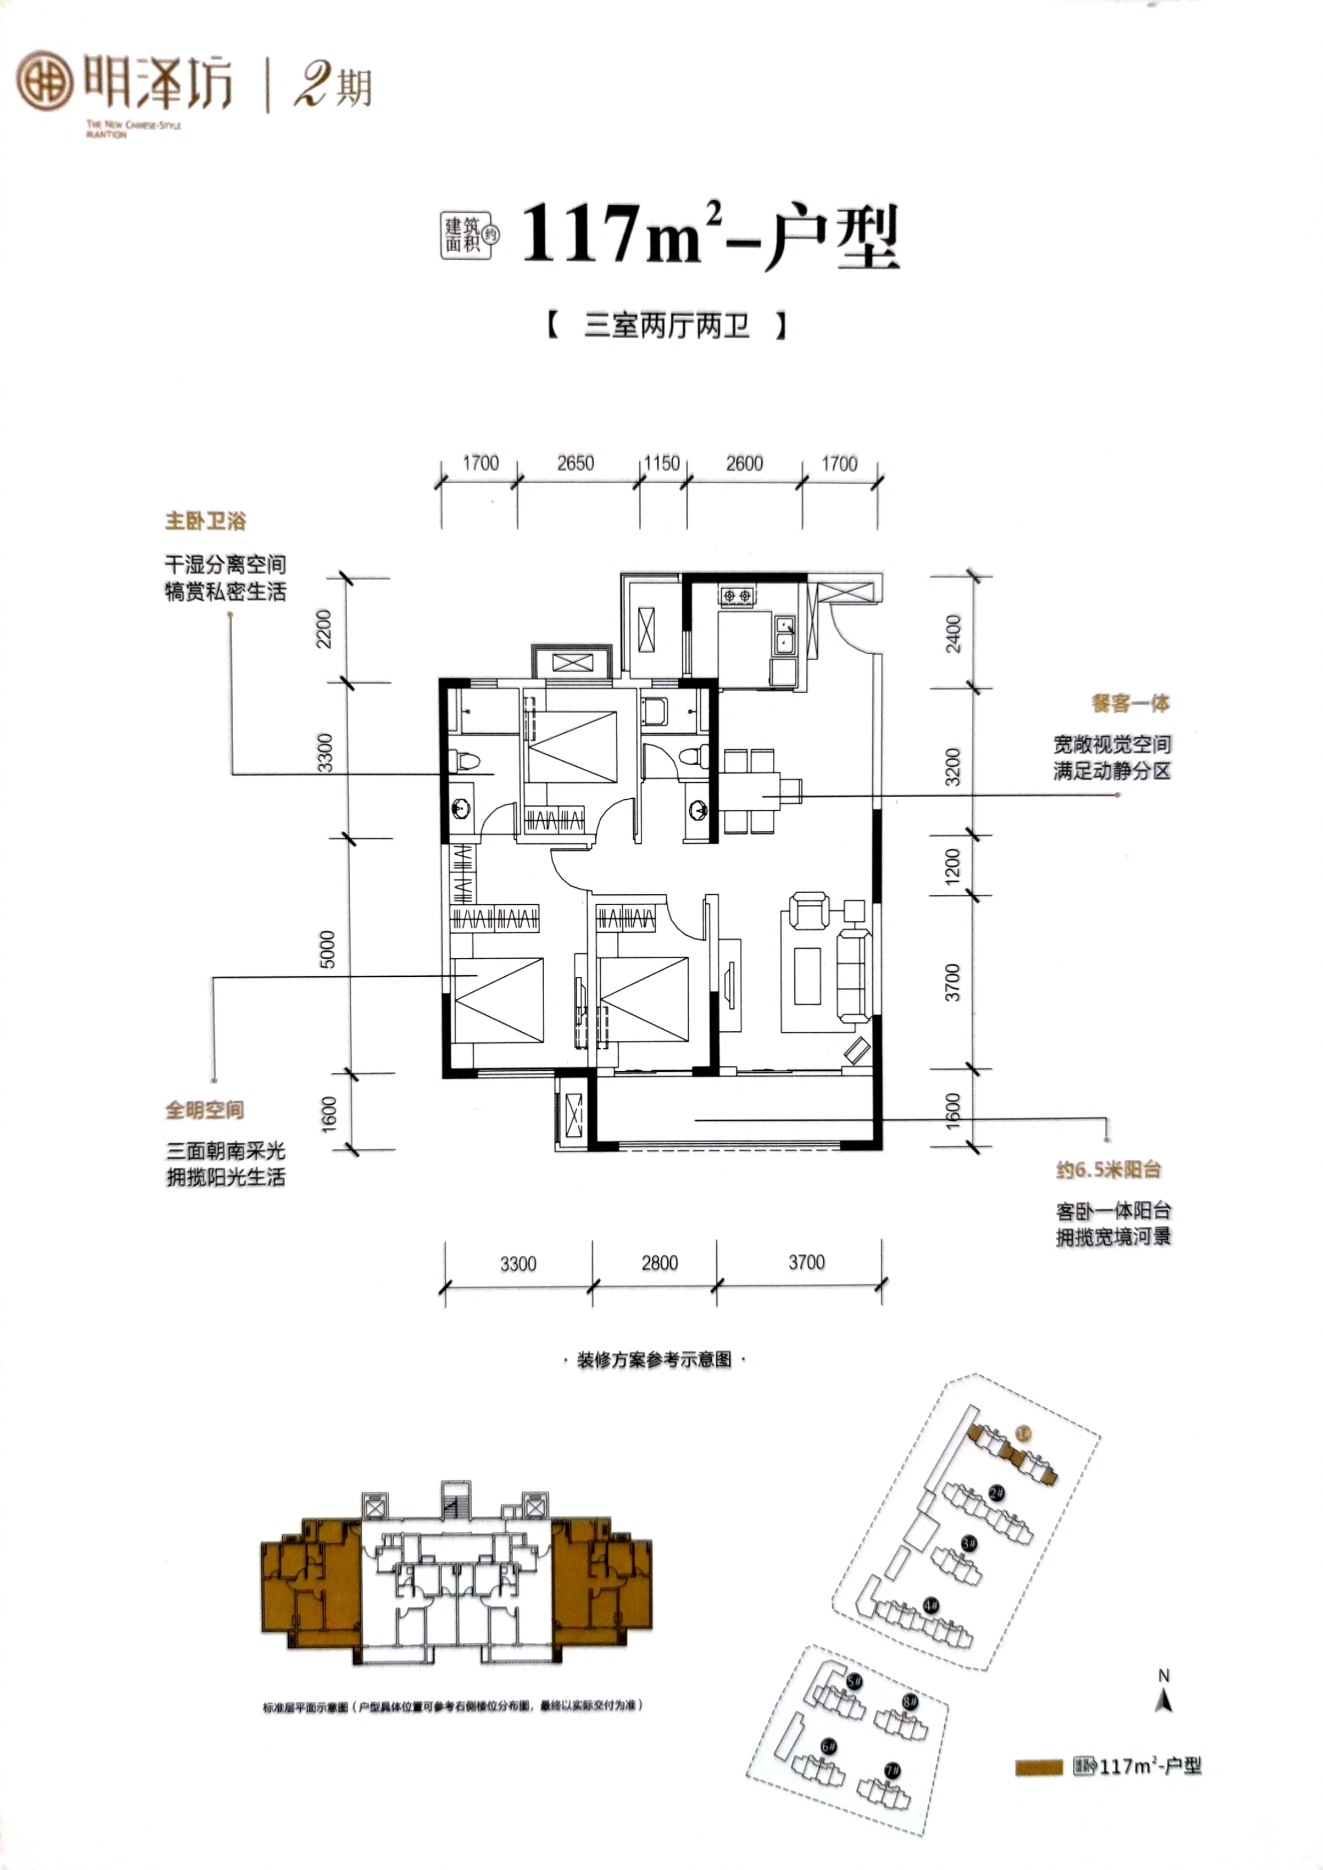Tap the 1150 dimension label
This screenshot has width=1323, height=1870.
(661, 463)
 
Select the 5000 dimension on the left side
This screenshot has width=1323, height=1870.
(326, 949)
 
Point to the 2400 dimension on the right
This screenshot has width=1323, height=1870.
(953, 633)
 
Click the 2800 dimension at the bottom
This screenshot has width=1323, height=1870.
(659, 1263)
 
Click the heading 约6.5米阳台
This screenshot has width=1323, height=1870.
(1108, 1170)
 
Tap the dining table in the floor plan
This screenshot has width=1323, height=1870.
(750, 790)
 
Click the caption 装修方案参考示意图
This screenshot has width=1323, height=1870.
(654, 1360)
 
